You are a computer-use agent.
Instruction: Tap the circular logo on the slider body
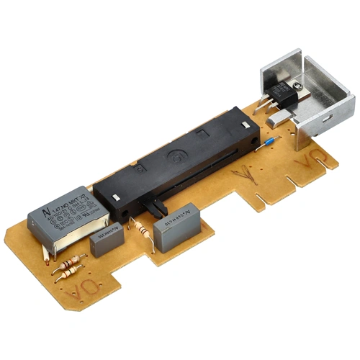[x=174, y=154]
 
